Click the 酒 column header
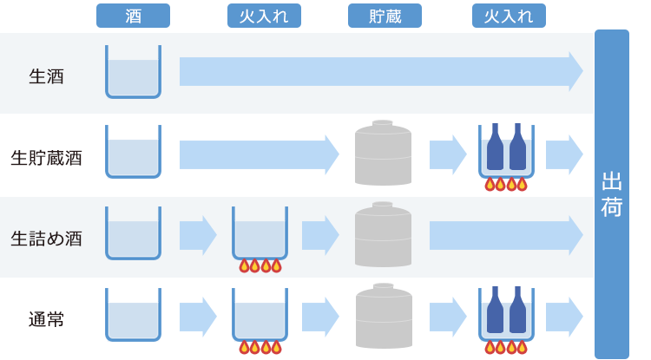[x=133, y=16]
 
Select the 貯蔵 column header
[x=385, y=16]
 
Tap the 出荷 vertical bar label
[x=612, y=194]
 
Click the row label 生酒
[x=46, y=76]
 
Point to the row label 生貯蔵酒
[x=46, y=158]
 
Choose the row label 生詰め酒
[x=46, y=238]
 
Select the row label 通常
[x=46, y=319]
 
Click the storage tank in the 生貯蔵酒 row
[x=383, y=154]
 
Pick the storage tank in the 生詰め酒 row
[x=383, y=235]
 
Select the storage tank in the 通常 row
[x=383, y=317]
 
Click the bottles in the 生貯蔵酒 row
[x=506, y=148]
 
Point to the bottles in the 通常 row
[x=506, y=311]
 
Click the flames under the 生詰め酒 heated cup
[x=260, y=265]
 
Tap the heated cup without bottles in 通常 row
[x=260, y=314]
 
